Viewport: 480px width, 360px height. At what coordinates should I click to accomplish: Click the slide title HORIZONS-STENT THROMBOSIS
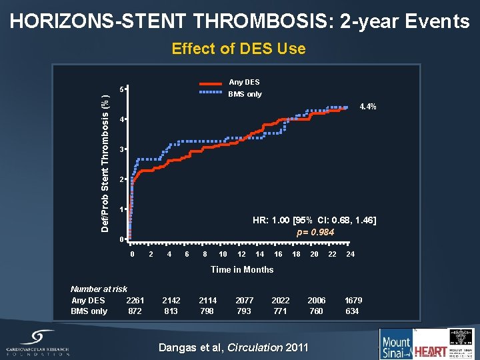pyautogui.click(x=239, y=21)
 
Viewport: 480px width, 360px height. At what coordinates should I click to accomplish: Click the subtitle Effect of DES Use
pyautogui.click(x=239, y=49)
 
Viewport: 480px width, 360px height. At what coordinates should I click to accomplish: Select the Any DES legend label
pyautogui.click(x=245, y=82)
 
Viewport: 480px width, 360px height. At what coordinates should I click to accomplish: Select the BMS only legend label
pyautogui.click(x=245, y=94)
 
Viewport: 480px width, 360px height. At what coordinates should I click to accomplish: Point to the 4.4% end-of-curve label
pyautogui.click(x=368, y=107)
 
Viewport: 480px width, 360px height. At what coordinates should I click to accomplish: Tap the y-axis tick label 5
pyautogui.click(x=121, y=89)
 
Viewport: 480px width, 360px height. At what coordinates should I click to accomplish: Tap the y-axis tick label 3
pyautogui.click(x=121, y=149)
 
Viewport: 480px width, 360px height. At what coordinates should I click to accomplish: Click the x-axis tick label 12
pyautogui.click(x=241, y=254)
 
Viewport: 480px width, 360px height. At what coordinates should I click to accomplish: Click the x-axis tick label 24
pyautogui.click(x=351, y=254)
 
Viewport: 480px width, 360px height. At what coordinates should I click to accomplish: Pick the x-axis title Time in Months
pyautogui.click(x=242, y=269)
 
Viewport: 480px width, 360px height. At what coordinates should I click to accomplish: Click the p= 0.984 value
pyautogui.click(x=315, y=232)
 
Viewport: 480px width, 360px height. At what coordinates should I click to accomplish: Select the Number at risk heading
pyautogui.click(x=99, y=289)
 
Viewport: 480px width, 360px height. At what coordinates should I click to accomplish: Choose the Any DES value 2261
pyautogui.click(x=135, y=300)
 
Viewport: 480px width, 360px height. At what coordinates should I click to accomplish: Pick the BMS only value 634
pyautogui.click(x=352, y=311)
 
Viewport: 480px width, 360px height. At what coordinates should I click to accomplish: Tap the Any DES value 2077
pyautogui.click(x=244, y=300)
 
